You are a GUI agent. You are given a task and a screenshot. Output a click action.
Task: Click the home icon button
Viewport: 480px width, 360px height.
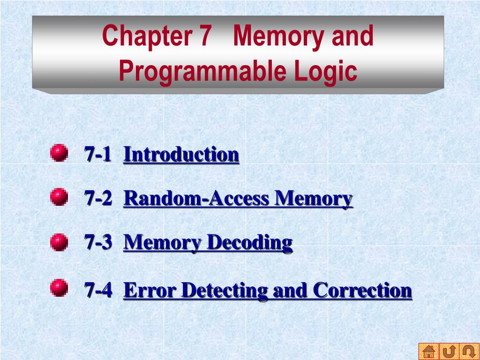tap(429, 351)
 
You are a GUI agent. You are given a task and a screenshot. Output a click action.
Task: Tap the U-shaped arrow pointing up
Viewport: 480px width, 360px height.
tap(449, 351)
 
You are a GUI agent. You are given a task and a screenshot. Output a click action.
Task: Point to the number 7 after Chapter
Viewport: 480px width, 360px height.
tap(204, 36)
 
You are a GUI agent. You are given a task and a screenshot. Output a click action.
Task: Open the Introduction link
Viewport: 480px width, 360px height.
tap(181, 154)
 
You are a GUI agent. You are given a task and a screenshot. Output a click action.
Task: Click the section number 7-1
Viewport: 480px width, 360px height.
tap(98, 154)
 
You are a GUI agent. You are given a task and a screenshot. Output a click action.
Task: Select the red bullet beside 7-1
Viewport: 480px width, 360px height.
tap(59, 153)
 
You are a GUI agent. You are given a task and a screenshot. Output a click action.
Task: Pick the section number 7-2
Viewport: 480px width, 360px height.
tap(98, 199)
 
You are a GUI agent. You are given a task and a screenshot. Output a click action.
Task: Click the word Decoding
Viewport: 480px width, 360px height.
tap(249, 242)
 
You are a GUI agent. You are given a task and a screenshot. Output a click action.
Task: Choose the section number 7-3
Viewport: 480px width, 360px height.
tap(98, 242)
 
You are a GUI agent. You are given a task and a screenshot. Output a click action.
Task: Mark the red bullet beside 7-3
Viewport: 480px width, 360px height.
tap(59, 242)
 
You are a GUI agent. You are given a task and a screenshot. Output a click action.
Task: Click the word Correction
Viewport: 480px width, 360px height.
tap(362, 290)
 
